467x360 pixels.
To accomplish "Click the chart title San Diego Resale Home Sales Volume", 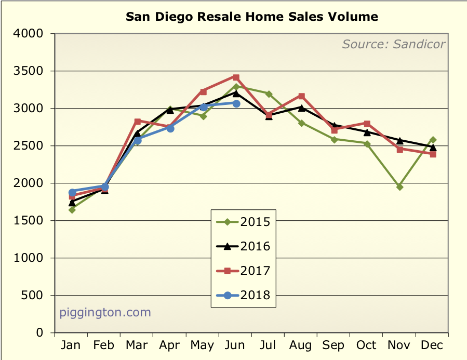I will [x=252, y=17].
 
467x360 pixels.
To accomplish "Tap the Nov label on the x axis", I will [x=400, y=345].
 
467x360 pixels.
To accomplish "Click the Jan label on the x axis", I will [x=72, y=345].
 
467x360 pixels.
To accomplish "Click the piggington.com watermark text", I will [x=105, y=313].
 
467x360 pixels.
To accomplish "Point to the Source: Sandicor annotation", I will [x=393, y=44].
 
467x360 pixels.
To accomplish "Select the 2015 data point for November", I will [x=400, y=187].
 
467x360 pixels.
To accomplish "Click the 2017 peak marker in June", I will [x=236, y=77].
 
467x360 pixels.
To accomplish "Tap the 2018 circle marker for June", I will [x=236, y=103].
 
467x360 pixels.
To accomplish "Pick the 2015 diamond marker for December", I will [x=433, y=140].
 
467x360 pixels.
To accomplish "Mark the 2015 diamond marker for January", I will [x=72, y=210].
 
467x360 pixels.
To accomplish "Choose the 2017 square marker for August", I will [x=302, y=96].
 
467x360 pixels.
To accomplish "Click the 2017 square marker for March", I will [x=138, y=121].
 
